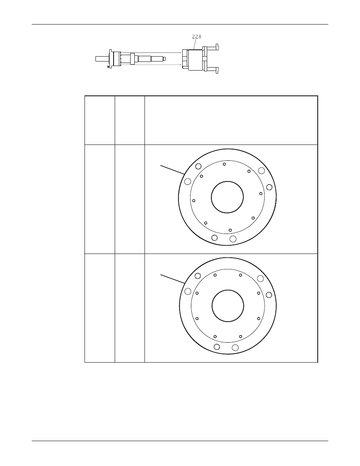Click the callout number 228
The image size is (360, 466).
click(196, 37)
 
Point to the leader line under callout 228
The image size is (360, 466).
click(195, 44)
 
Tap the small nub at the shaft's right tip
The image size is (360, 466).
click(165, 58)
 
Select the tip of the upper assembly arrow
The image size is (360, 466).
click(182, 52)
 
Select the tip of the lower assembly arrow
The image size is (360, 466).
click(182, 65)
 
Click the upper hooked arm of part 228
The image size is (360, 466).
click(212, 48)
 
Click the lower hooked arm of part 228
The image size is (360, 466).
click(212, 70)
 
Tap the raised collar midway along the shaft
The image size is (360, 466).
click(132, 58)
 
